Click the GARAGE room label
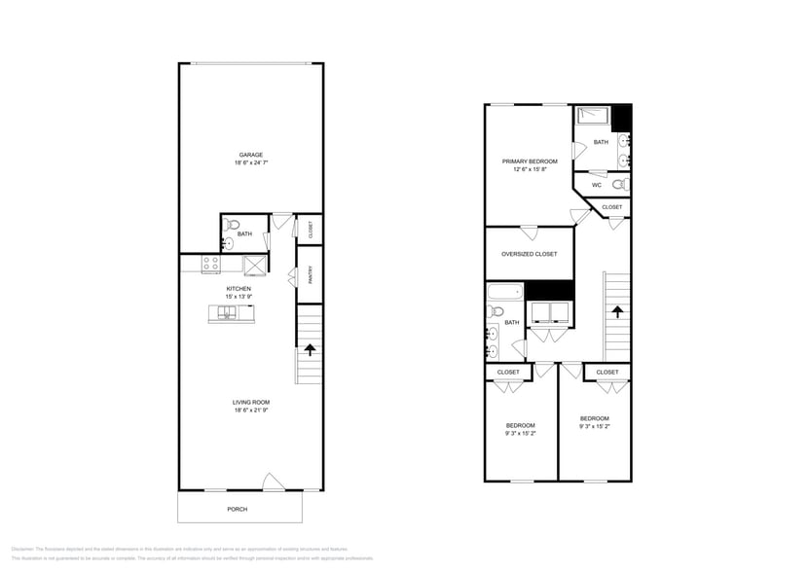pos(251,155)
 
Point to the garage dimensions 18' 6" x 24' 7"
pos(251,163)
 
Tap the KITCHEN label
pos(239,289)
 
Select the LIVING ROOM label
pos(251,402)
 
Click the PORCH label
pos(238,510)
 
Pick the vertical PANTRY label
pos(310,276)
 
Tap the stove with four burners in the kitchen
pos(210,264)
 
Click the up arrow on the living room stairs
pos(311,350)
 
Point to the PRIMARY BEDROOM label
pos(530,161)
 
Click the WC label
pos(596,185)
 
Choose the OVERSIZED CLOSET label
pos(529,254)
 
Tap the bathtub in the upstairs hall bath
pos(504,293)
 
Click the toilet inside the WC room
pos(619,185)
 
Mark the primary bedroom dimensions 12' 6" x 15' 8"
pos(530,169)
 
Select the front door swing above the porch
pos(274,482)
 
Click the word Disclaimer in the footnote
pos(23,549)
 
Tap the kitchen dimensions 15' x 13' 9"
pos(239,298)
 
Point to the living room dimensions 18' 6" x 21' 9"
pos(251,411)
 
